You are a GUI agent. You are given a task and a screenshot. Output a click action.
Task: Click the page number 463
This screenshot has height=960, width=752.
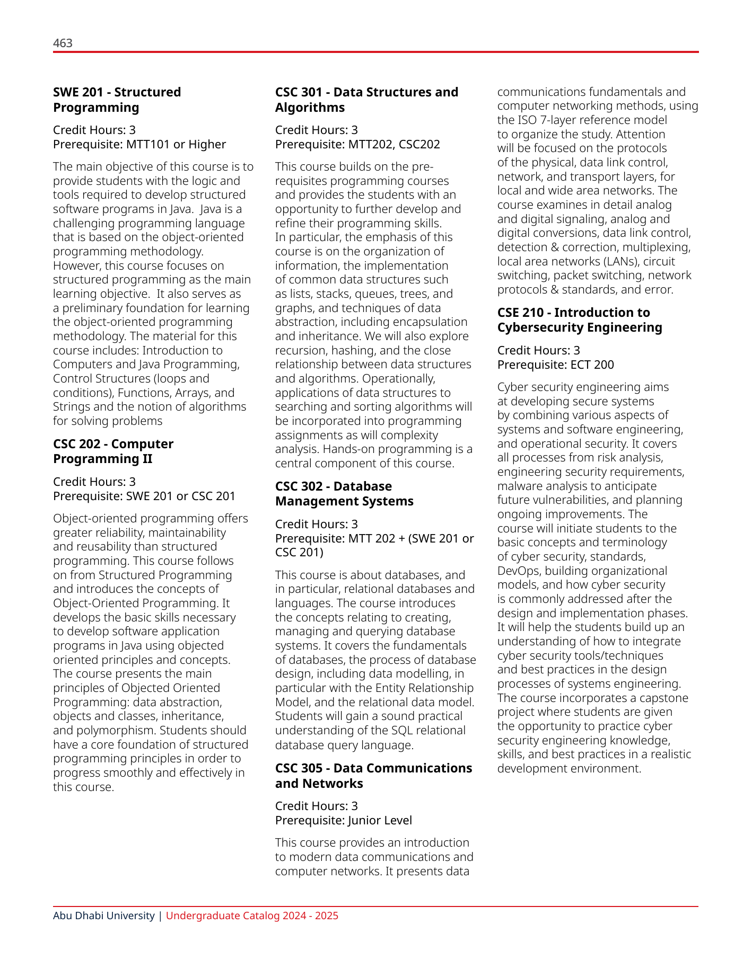point(63,43)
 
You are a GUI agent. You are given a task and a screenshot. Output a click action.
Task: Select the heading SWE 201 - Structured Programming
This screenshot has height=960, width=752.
point(117,100)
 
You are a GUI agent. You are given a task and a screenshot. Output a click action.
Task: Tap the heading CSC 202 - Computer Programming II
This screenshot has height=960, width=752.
point(113,451)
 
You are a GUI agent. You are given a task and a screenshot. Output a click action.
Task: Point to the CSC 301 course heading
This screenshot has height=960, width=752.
point(366,100)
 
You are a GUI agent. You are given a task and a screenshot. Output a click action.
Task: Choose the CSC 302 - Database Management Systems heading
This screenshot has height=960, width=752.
point(344,494)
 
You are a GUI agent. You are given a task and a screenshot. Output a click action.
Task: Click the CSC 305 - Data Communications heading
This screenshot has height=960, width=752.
point(373,776)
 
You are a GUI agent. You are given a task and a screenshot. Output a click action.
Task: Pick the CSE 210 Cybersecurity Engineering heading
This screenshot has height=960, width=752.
point(580,320)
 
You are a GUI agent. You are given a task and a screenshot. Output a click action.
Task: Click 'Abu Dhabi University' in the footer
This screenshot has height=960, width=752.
point(104,915)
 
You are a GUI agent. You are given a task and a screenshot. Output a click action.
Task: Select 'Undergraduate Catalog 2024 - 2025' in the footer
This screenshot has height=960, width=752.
point(252,915)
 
